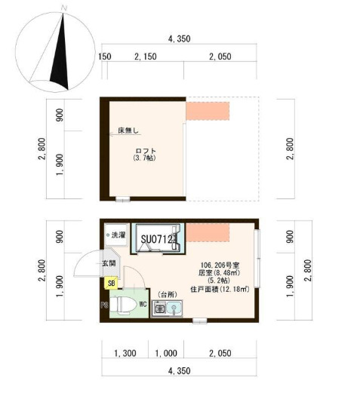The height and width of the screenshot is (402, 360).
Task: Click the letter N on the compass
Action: (65, 8)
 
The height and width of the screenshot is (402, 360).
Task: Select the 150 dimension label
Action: (105, 57)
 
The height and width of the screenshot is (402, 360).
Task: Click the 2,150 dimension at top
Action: (145, 57)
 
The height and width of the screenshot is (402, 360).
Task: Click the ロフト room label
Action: (144, 150)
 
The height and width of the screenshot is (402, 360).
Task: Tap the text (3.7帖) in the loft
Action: (144, 158)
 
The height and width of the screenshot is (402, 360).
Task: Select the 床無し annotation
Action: (128, 131)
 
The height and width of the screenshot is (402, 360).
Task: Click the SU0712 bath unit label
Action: (158, 240)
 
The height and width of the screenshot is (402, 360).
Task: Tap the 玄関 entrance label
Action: (109, 263)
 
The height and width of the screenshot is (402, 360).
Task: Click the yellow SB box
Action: (112, 284)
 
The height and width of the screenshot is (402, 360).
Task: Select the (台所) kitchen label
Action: (167, 293)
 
